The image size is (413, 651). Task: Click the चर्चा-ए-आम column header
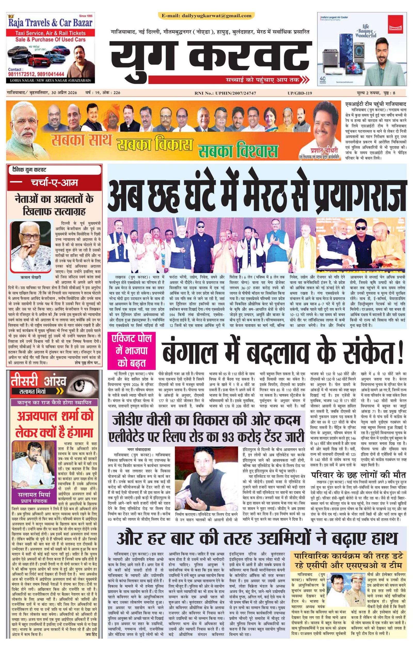tap(54, 183)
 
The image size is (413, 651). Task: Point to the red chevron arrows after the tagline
tap(305, 80)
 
